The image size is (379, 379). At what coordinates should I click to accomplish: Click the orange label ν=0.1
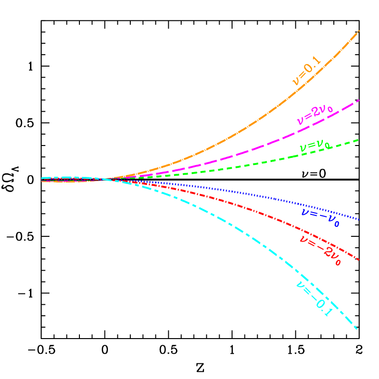tap(307, 72)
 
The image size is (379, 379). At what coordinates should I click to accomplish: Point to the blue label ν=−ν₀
tap(320, 216)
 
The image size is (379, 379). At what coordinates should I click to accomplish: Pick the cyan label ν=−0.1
tap(313, 299)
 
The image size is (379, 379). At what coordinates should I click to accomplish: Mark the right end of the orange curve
tap(359, 31)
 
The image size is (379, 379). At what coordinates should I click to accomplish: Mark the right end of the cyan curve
tap(357, 328)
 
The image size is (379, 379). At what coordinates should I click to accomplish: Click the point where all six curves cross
tap(102, 179)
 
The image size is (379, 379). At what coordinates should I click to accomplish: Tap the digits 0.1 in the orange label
tap(314, 65)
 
